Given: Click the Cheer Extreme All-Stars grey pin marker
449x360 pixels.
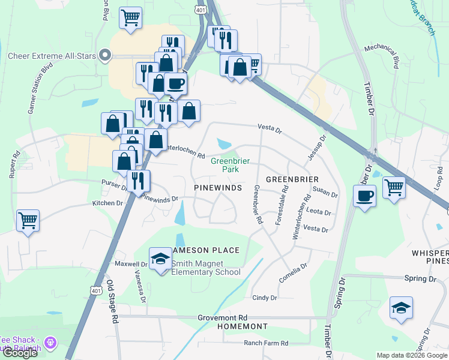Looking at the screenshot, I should click(x=106, y=56).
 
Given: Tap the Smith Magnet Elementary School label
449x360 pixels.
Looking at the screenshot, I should click(x=206, y=268).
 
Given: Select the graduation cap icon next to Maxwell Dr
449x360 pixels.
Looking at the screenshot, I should click(x=161, y=259).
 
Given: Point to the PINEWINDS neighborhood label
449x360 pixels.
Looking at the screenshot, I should click(x=218, y=188).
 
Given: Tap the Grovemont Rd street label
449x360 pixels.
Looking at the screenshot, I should click(x=223, y=317).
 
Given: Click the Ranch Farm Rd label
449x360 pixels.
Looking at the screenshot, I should click(x=266, y=343).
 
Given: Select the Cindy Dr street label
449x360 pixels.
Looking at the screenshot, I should click(x=265, y=298).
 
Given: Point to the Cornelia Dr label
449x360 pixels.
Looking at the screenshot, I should click(x=293, y=273).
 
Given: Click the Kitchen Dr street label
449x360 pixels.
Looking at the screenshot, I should click(x=107, y=203).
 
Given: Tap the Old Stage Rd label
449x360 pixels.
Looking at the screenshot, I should click(x=110, y=301).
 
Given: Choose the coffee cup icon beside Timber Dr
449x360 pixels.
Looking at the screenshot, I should click(x=364, y=196).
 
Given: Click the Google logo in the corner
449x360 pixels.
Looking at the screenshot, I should click(x=19, y=353).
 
